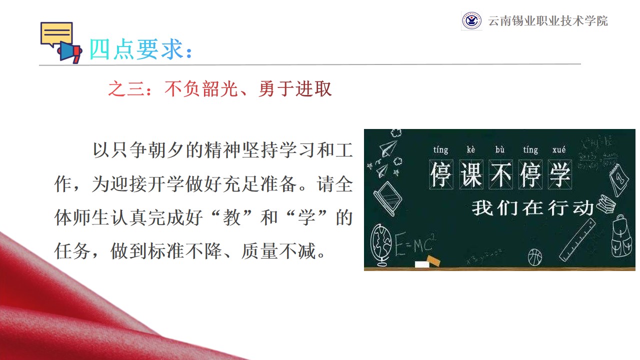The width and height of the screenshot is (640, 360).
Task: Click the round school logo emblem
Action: [x=471, y=20]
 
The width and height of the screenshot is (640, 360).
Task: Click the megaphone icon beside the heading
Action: [x=70, y=52]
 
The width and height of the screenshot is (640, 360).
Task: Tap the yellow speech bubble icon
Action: [x=56, y=33]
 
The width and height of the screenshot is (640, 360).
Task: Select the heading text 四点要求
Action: [x=136, y=49]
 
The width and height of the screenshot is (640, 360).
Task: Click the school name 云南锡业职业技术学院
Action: [x=547, y=21]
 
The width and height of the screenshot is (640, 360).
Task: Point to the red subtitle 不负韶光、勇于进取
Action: [x=248, y=88]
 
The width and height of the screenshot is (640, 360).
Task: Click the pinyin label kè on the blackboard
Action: [x=470, y=149]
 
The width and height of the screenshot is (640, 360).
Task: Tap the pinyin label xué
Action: [x=559, y=149]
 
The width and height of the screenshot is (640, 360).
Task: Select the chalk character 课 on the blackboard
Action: [x=471, y=174]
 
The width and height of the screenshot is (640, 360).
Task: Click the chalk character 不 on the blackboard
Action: [x=501, y=174]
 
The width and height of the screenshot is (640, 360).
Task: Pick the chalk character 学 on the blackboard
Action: [x=560, y=174]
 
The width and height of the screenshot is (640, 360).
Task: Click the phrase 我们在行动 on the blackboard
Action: [x=532, y=207]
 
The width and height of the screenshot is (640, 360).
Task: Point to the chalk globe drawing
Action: [x=381, y=245]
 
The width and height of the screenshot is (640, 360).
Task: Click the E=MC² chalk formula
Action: [x=415, y=243]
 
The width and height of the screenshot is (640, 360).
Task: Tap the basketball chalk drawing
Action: [x=535, y=257]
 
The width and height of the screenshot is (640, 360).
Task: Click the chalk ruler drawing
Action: [x=577, y=240]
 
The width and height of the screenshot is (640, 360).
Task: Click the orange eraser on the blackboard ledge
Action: [x=433, y=260]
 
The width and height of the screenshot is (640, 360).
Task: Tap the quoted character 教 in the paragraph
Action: [x=231, y=217]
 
